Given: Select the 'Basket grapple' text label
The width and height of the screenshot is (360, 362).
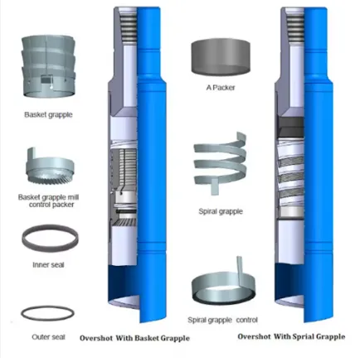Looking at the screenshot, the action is pyautogui.click(x=48, y=114).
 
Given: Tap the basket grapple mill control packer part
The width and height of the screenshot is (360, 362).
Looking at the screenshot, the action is pyautogui.click(x=50, y=168).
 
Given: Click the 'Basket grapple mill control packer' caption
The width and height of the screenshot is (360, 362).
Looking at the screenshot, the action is pyautogui.click(x=49, y=201).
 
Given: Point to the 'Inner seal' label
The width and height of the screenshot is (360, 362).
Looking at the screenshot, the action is pyautogui.click(x=48, y=265).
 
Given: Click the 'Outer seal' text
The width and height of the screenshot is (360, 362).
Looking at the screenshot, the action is pyautogui.click(x=48, y=337).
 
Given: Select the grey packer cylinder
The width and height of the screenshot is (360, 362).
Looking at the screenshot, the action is pyautogui.click(x=221, y=56).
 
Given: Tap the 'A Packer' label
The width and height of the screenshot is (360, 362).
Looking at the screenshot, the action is pyautogui.click(x=221, y=88).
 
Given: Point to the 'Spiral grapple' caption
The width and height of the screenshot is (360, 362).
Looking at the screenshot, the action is pyautogui.click(x=221, y=211).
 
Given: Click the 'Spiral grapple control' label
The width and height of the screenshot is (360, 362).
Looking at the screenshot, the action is pyautogui.click(x=222, y=321).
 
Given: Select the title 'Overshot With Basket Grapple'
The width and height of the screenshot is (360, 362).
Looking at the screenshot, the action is pyautogui.click(x=134, y=338).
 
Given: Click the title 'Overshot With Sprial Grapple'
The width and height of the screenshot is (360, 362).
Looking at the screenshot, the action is pyautogui.click(x=291, y=336).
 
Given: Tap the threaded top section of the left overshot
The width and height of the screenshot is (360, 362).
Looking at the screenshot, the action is pyautogui.click(x=127, y=26).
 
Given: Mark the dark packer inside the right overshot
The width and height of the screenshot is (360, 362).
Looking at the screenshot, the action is pyautogui.click(x=292, y=127).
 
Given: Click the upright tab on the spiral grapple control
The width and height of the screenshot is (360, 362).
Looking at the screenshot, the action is pyautogui.click(x=241, y=271).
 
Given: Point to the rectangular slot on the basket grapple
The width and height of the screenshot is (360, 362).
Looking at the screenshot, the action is pyautogui.click(x=46, y=80).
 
